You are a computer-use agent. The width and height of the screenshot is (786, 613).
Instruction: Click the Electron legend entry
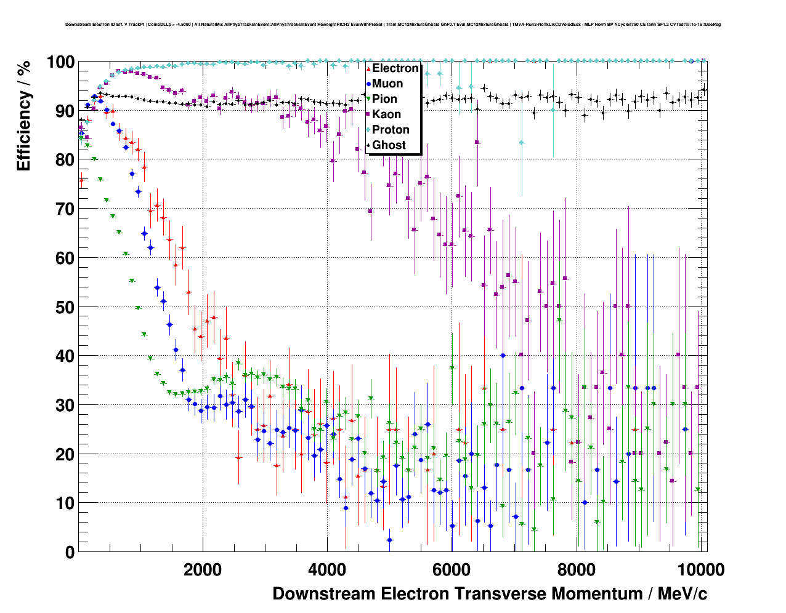pyautogui.click(x=395, y=68)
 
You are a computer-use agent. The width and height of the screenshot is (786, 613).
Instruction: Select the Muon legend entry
pyautogui.click(x=387, y=84)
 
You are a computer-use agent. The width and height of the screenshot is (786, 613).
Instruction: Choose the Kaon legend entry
pyautogui.click(x=386, y=114)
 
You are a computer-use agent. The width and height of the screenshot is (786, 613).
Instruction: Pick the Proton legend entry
pyautogui.click(x=391, y=130)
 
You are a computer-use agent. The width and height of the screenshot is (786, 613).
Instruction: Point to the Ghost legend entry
pyautogui.click(x=389, y=145)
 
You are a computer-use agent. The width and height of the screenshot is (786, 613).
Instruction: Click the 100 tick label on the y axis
pyautogui.click(x=60, y=62)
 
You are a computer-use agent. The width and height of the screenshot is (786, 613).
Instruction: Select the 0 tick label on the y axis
pyautogui.click(x=70, y=552)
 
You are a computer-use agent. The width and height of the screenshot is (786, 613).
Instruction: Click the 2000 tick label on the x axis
pyautogui.click(x=203, y=569)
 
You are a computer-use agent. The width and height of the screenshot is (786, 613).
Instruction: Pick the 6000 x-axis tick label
pyautogui.click(x=452, y=569)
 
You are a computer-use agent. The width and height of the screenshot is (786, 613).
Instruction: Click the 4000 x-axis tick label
pyautogui.click(x=327, y=569)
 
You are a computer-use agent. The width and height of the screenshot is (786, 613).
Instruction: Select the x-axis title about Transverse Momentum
pyautogui.click(x=490, y=594)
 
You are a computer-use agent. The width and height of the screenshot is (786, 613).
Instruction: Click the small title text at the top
pyautogui.click(x=393, y=25)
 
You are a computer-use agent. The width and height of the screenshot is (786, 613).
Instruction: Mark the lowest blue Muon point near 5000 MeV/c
pyautogui.click(x=389, y=540)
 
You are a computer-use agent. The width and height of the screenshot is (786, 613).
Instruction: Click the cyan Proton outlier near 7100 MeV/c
pyautogui.click(x=522, y=143)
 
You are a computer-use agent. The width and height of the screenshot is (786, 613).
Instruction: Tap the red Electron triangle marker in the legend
pyautogui.click(x=368, y=68)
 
